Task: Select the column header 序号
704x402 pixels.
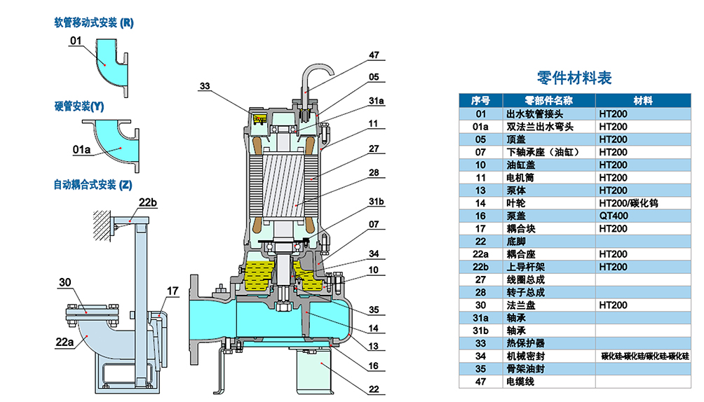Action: point(480,100)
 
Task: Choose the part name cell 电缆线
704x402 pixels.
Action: point(520,382)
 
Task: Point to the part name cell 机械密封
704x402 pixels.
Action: point(524,356)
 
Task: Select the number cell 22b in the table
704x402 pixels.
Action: point(480,267)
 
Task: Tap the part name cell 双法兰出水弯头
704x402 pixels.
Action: point(539,127)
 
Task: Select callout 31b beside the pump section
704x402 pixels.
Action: point(377,202)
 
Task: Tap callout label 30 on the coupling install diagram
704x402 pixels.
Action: point(65,282)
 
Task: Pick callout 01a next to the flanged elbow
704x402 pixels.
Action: point(81,150)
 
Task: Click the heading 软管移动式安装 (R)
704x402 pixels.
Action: point(93,22)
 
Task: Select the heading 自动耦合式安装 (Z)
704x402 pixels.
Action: point(92,185)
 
